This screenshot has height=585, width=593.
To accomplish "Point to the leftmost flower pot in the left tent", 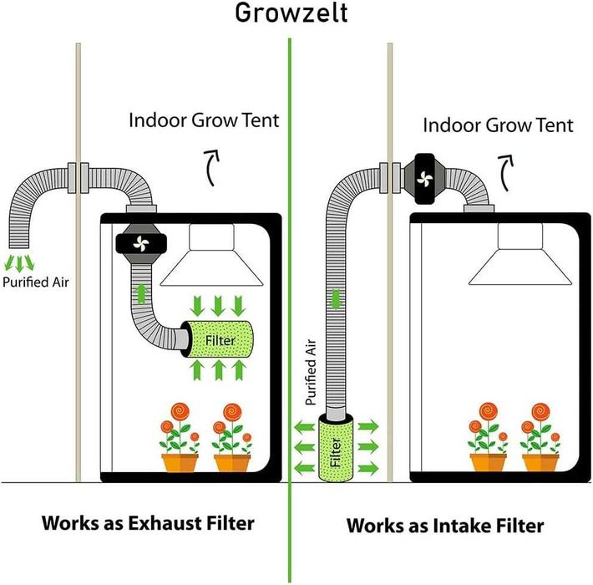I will coord(181,461).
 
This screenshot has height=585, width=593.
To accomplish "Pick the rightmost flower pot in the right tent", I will coord(540,461).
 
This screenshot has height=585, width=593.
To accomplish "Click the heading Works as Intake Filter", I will coord(445,526).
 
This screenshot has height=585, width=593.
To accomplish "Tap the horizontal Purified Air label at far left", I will coord(36,282).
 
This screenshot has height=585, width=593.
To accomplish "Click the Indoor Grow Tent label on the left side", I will coord(204,120).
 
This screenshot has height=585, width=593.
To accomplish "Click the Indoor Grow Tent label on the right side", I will coord(498,125).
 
